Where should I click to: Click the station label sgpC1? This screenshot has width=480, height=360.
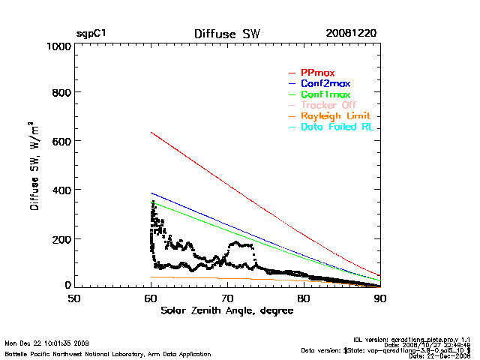pos(91,34)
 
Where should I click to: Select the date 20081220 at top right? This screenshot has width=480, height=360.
pos(351,34)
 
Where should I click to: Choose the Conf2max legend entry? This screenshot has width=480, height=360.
pos(325,84)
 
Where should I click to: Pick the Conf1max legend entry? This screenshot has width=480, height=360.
pos(325,95)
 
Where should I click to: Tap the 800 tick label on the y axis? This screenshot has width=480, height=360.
pos(59,94)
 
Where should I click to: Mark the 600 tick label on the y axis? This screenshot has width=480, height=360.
pos(59,142)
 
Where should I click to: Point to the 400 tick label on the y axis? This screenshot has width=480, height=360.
pos(59,190)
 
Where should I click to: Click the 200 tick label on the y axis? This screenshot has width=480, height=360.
pos(59,239)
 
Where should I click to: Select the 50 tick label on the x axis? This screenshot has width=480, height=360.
pos(74,298)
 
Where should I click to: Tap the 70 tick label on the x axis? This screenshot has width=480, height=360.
pos(227,298)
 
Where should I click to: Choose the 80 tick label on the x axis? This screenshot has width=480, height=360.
pos(304,298)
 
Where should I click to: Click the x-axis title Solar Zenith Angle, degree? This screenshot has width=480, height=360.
pos(227,310)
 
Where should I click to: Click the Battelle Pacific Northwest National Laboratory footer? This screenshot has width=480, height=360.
pos(108,353)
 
